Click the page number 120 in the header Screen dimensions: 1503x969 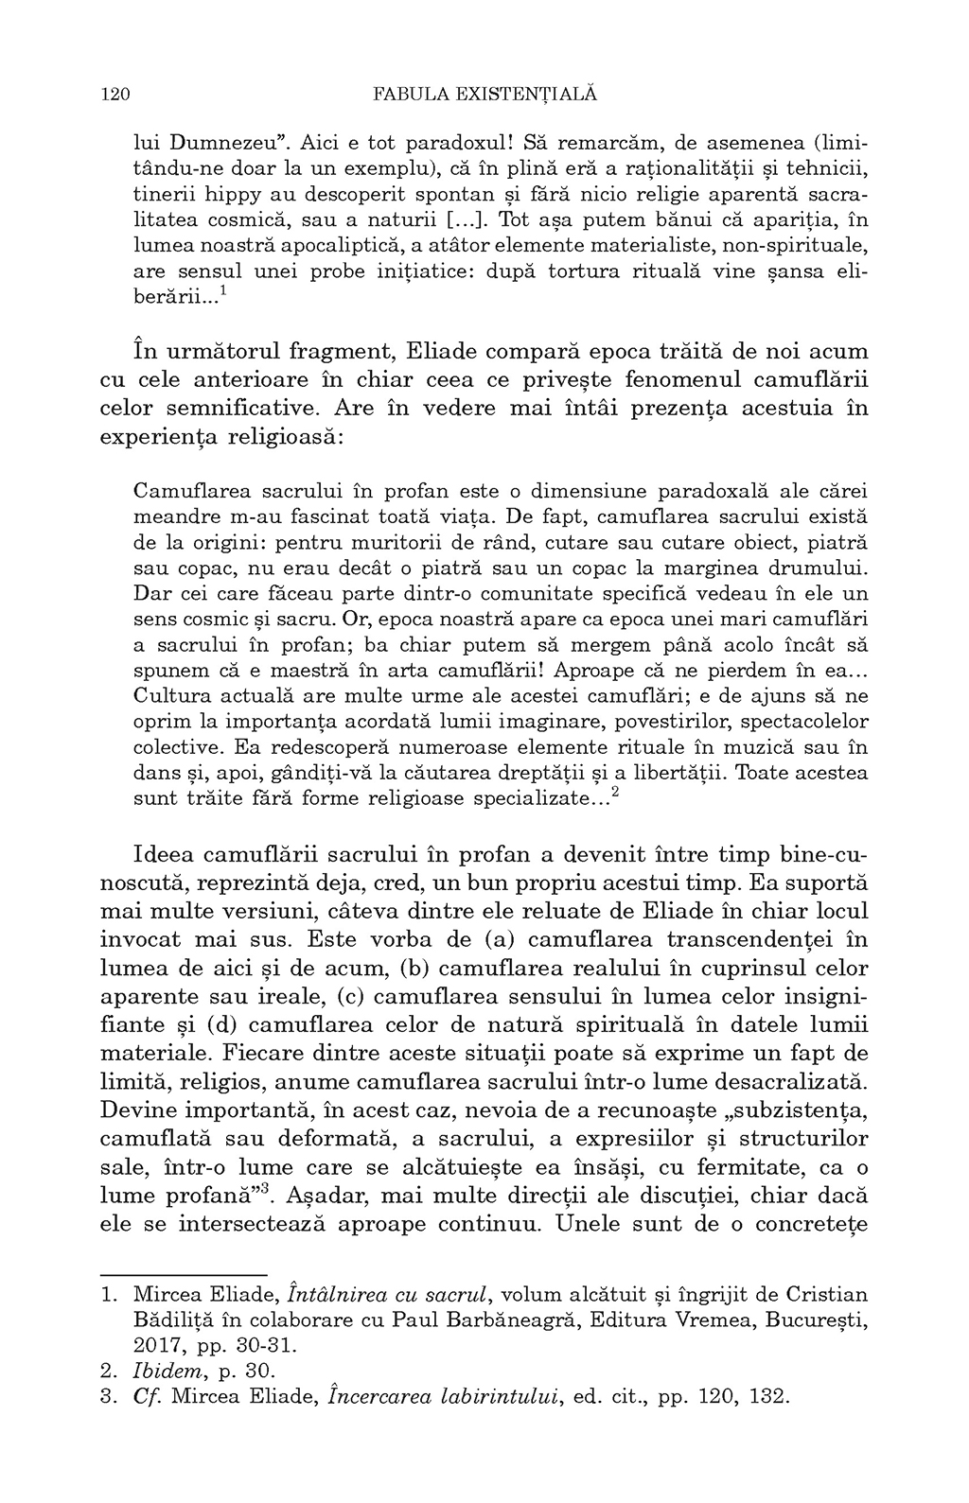[114, 95]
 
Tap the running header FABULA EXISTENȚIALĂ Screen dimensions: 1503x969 [485, 95]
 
